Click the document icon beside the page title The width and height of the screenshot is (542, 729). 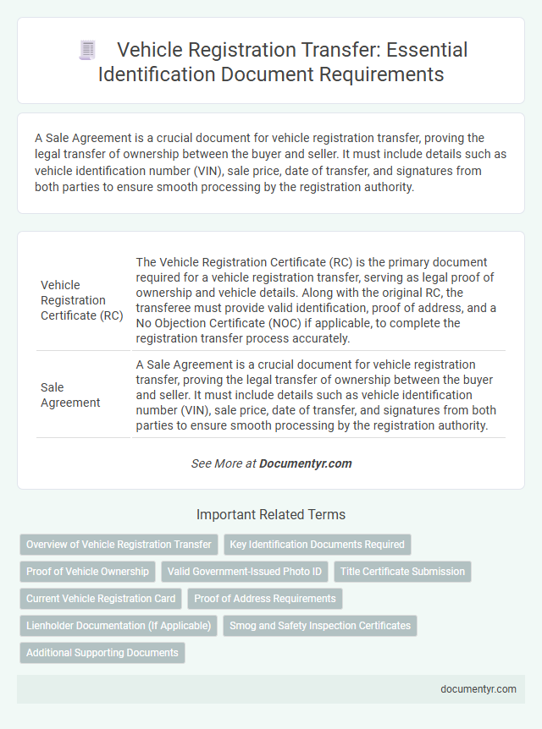86,50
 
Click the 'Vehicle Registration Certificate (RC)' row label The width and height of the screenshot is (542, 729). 82,299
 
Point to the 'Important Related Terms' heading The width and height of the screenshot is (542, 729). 271,514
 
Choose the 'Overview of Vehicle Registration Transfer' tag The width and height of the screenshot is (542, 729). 119,545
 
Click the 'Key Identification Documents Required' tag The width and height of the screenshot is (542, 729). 318,545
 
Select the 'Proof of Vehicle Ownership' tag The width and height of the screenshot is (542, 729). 87,572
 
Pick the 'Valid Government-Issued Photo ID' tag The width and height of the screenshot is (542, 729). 245,572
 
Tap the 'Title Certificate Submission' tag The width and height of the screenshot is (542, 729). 402,572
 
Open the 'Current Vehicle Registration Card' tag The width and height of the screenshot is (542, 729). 101,599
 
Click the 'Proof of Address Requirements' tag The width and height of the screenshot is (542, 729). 265,599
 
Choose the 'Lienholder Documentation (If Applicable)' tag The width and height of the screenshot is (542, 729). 119,626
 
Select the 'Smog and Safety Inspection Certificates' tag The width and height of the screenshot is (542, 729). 320,626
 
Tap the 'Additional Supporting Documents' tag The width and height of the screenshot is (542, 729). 102,653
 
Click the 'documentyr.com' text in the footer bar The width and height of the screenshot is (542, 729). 478,689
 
